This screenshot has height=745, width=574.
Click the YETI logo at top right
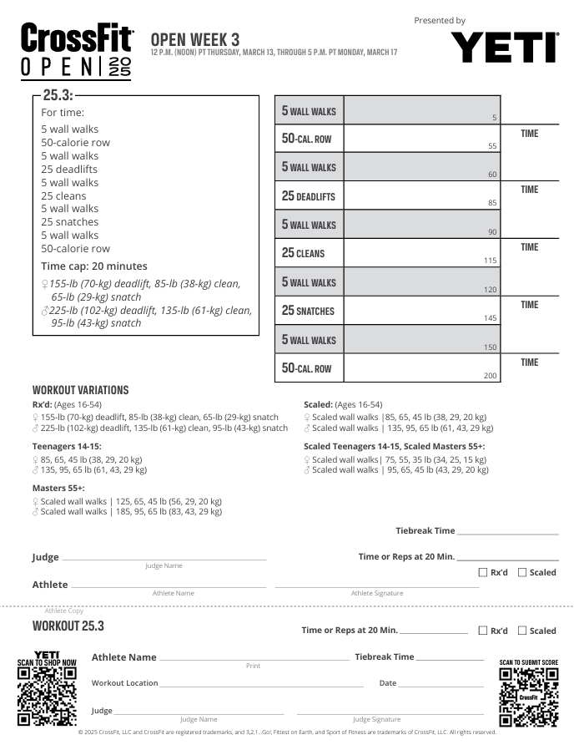tap(505, 48)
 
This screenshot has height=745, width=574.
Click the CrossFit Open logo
tap(76, 52)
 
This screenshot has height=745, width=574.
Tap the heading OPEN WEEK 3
tap(195, 39)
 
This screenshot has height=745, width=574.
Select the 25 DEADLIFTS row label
tap(309, 196)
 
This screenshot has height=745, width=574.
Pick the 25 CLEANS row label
tap(304, 253)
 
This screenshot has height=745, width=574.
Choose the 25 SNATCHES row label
tap(308, 311)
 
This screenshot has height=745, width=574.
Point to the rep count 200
tap(491, 376)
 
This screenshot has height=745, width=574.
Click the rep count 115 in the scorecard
tap(491, 261)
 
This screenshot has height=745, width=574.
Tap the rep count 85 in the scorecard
tap(492, 203)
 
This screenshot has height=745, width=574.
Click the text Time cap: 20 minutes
tap(93, 266)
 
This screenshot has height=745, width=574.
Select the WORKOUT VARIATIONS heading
tap(80, 390)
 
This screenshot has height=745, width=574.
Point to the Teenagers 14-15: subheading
tap(67, 446)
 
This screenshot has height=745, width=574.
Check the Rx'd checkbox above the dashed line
tap(483, 572)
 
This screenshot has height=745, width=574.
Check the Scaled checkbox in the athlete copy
tap(522, 631)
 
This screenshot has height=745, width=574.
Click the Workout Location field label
tap(124, 683)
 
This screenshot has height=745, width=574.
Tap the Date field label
tap(388, 683)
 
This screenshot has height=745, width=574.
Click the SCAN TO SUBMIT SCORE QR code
tap(528, 697)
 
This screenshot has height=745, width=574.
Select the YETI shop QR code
tap(47, 696)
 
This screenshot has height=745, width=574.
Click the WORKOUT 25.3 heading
tap(68, 626)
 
